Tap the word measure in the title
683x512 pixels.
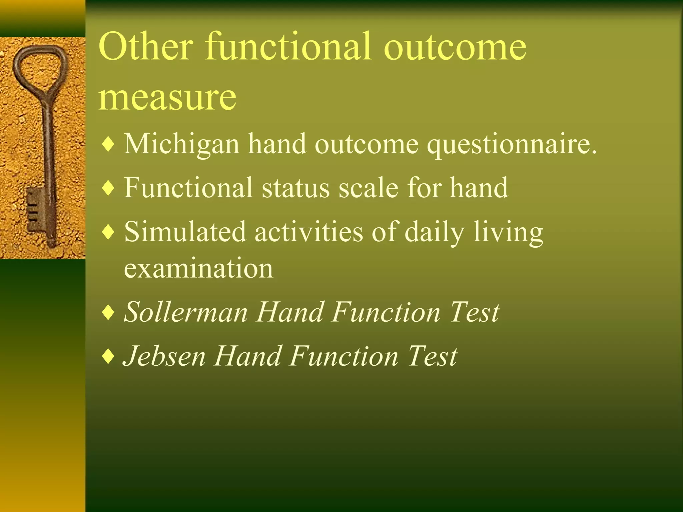[167, 97]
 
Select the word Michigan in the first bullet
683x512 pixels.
[182, 144]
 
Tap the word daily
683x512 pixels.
[434, 233]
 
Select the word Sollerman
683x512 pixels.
[186, 312]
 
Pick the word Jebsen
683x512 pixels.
[164, 356]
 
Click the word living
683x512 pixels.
[508, 233]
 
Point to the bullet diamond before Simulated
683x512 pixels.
[108, 232]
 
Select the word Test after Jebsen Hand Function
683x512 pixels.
[432, 356]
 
